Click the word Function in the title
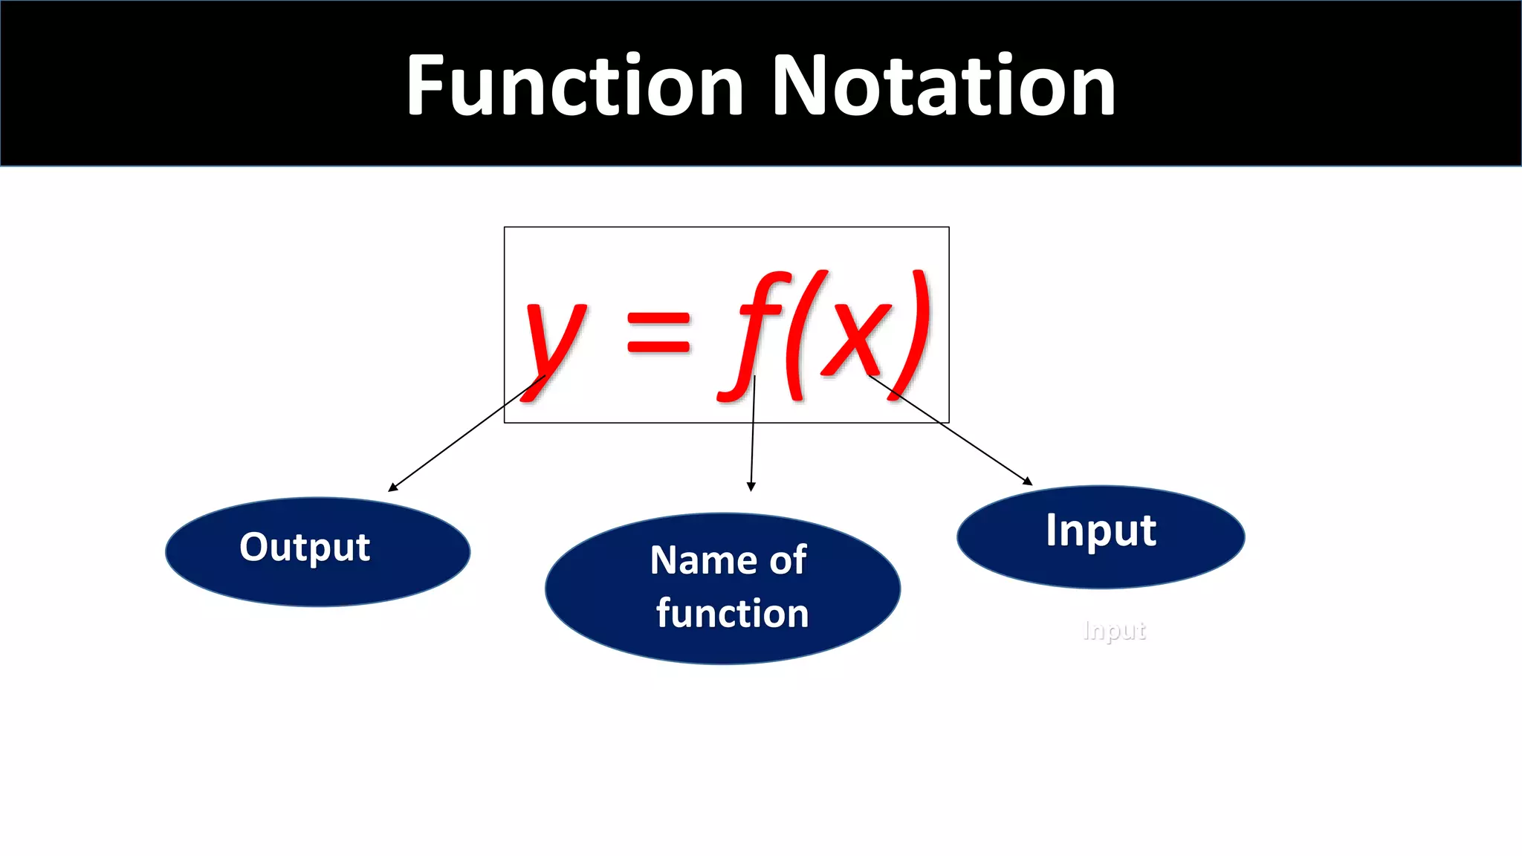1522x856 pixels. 574,85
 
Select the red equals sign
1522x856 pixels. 658,332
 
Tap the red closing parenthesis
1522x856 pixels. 913,334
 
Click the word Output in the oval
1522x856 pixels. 305,548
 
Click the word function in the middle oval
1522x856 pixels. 732,614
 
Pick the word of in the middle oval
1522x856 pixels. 788,560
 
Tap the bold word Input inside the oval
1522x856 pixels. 1101,531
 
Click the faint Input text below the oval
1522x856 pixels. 1114,631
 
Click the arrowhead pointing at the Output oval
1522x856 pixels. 392,487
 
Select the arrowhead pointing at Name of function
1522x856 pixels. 751,487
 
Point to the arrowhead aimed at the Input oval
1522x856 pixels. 1028,481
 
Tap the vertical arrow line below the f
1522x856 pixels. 753,438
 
